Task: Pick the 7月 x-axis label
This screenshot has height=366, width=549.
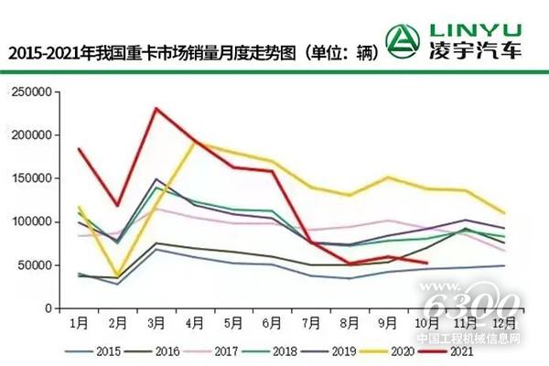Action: tap(313, 325)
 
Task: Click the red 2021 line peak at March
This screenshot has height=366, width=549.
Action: tap(157, 109)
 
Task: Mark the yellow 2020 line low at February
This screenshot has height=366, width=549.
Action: tap(119, 274)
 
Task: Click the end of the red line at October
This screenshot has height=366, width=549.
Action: tap(427, 264)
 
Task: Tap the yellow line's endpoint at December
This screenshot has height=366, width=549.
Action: tap(504, 213)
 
